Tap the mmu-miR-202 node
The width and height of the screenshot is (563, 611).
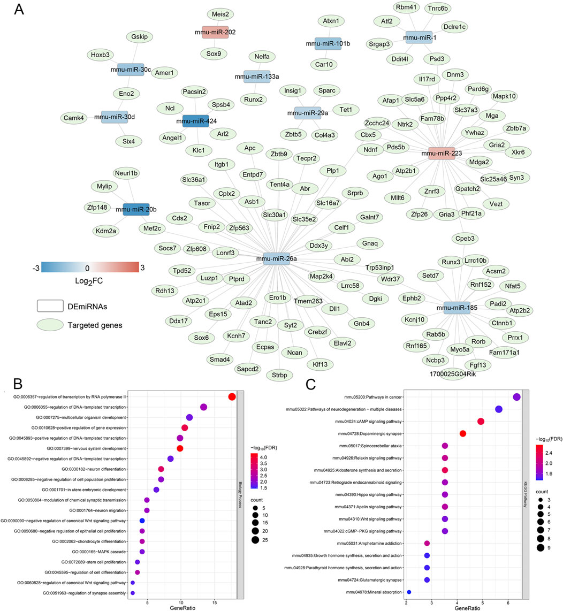click(215, 32)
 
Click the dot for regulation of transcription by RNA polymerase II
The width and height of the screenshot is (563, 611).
click(232, 396)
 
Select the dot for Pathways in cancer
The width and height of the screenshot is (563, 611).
click(516, 397)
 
